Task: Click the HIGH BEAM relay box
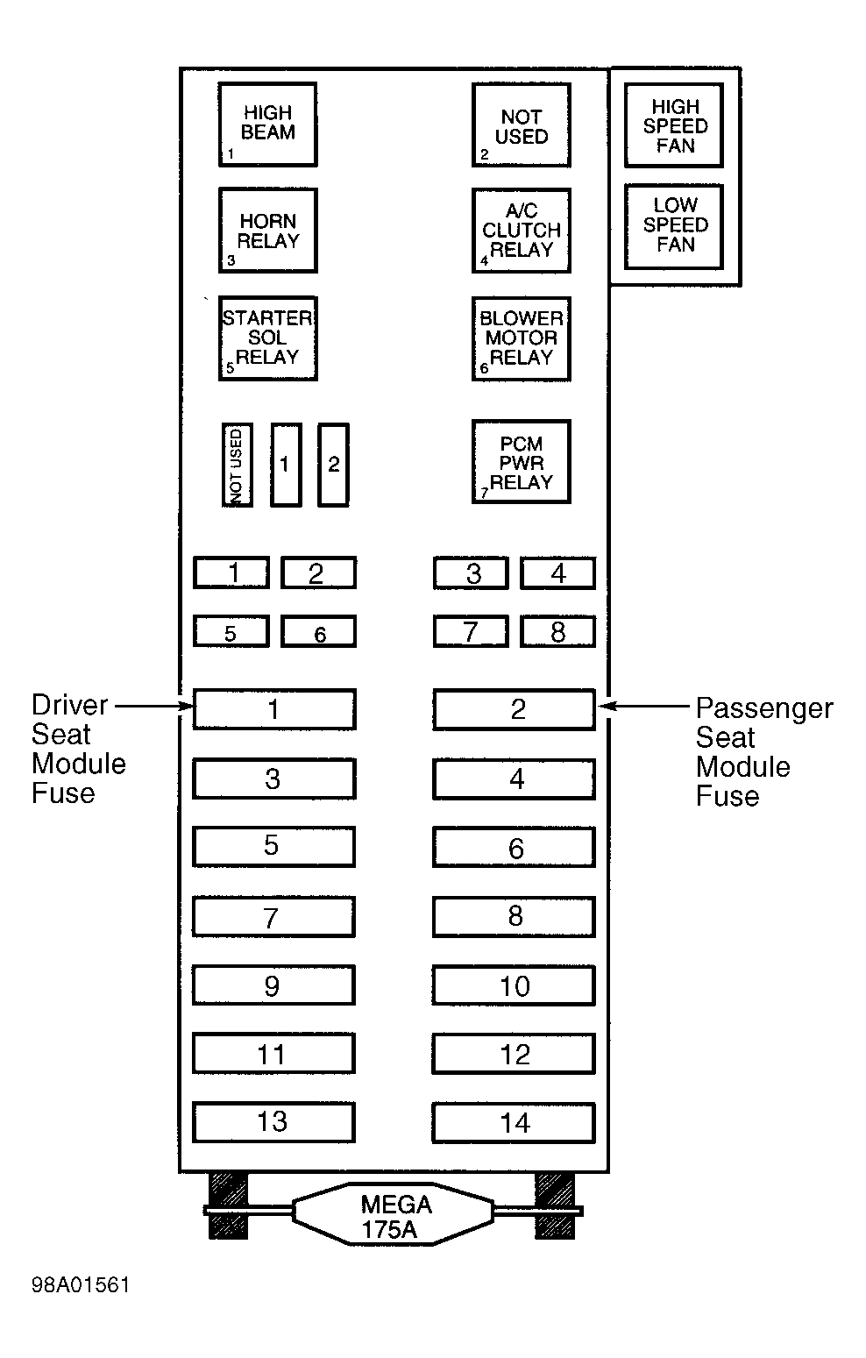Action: (x=267, y=124)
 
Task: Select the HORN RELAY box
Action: (x=267, y=231)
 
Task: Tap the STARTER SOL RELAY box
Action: (x=267, y=338)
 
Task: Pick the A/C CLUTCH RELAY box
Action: (x=522, y=231)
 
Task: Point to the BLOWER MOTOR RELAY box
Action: (x=522, y=338)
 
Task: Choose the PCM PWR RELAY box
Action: (x=522, y=462)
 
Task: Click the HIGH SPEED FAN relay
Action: (x=674, y=124)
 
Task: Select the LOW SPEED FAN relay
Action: (x=674, y=227)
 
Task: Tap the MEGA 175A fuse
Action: (x=394, y=1213)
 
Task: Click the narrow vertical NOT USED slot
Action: (x=237, y=465)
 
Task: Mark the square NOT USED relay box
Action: (x=522, y=124)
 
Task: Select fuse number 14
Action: (x=514, y=1123)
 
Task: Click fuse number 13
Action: (x=273, y=1122)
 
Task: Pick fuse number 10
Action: (x=514, y=985)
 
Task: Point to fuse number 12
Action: (x=514, y=1055)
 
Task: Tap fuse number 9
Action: (x=273, y=985)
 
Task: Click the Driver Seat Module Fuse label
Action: (x=78, y=749)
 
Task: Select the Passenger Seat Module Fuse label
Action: (x=763, y=751)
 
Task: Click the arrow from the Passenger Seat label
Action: (x=643, y=706)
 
